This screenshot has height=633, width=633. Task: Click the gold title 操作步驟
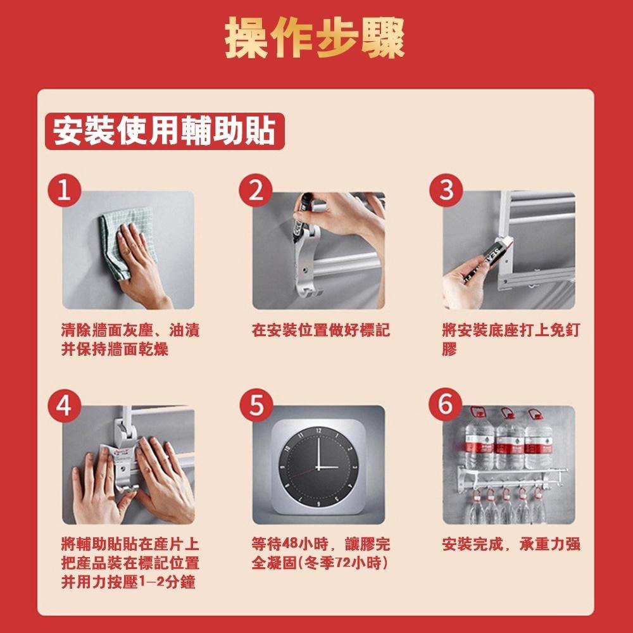[315, 37]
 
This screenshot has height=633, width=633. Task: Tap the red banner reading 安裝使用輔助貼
[165, 131]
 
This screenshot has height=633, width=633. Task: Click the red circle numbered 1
[64, 190]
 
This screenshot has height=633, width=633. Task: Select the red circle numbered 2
[255, 190]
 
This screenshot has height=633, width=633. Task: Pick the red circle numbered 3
[446, 190]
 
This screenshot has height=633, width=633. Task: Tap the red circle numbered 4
[64, 405]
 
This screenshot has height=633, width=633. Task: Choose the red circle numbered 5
[256, 405]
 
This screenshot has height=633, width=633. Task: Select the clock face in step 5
[318, 467]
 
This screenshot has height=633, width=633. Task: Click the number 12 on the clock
[318, 431]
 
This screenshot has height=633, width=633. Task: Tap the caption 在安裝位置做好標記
[320, 330]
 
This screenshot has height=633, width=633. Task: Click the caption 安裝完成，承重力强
[511, 544]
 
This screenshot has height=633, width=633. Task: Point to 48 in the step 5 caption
[290, 544]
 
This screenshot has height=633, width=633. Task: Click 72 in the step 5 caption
[343, 563]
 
